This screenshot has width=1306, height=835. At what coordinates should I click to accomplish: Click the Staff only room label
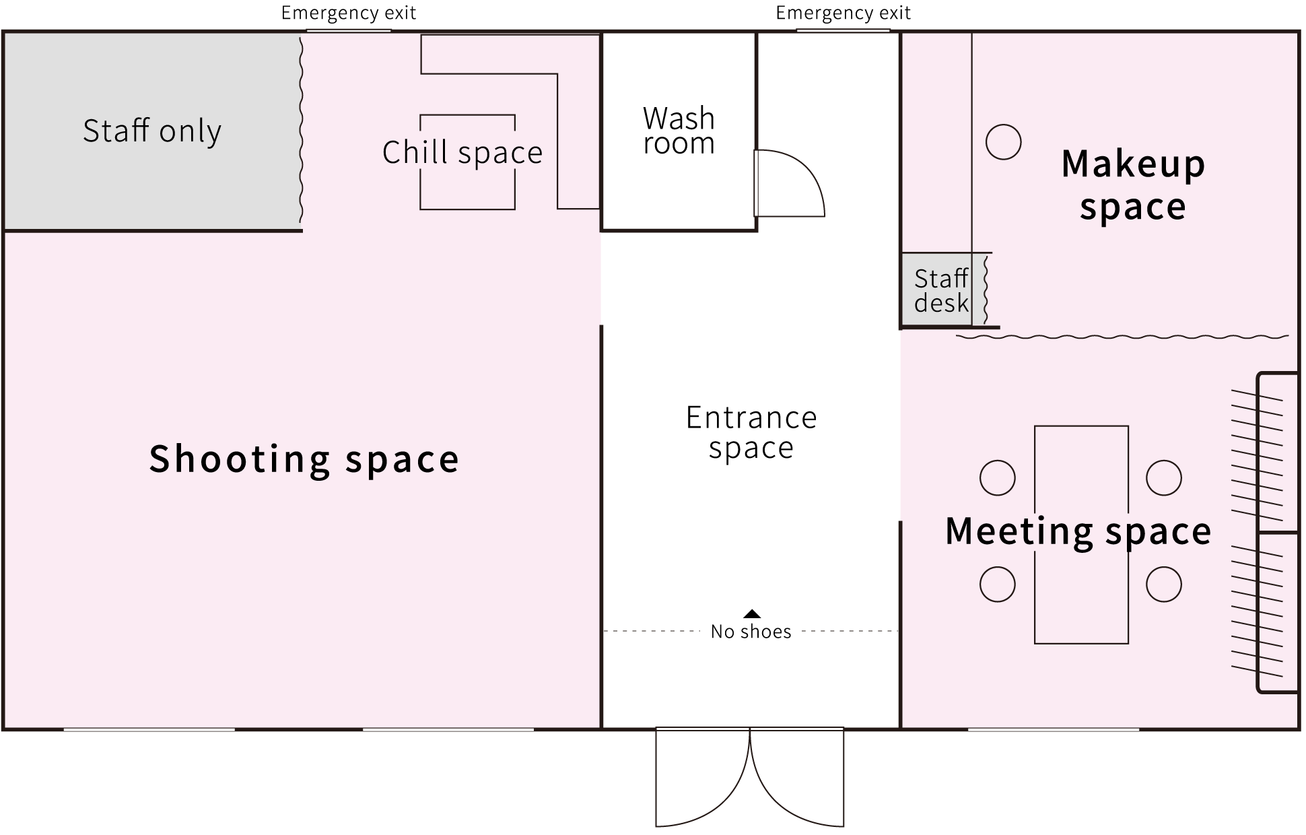pos(152,131)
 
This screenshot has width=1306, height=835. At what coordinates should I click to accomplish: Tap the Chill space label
pos(462,152)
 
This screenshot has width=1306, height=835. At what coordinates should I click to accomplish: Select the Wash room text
pos(679,131)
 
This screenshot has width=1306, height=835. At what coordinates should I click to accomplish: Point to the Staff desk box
pos(937,290)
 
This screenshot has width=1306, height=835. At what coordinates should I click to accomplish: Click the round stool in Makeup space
pos(1003,142)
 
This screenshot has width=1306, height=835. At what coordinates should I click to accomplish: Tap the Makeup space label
pos(1133,185)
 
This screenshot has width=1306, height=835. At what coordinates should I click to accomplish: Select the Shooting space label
pos(304,459)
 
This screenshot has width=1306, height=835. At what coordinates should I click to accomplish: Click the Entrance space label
pos(751,432)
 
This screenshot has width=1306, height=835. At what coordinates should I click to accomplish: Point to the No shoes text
pos(751,632)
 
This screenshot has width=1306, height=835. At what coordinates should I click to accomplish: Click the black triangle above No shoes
pos(752,613)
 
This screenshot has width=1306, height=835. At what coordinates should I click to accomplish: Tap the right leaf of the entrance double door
pos(798,777)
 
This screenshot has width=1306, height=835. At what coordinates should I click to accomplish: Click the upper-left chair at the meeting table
pos(997,478)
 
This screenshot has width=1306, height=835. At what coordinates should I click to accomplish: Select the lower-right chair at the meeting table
pos(1164,584)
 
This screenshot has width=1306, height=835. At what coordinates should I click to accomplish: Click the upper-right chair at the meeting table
pos(1164,478)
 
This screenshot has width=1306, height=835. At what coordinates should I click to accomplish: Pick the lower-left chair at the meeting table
pos(997,584)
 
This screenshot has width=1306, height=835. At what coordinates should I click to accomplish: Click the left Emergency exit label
pos(349,13)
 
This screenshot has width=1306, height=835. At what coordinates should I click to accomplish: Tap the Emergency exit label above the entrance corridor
pos(844,13)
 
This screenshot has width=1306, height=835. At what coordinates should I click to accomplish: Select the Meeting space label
pos(1078,531)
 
